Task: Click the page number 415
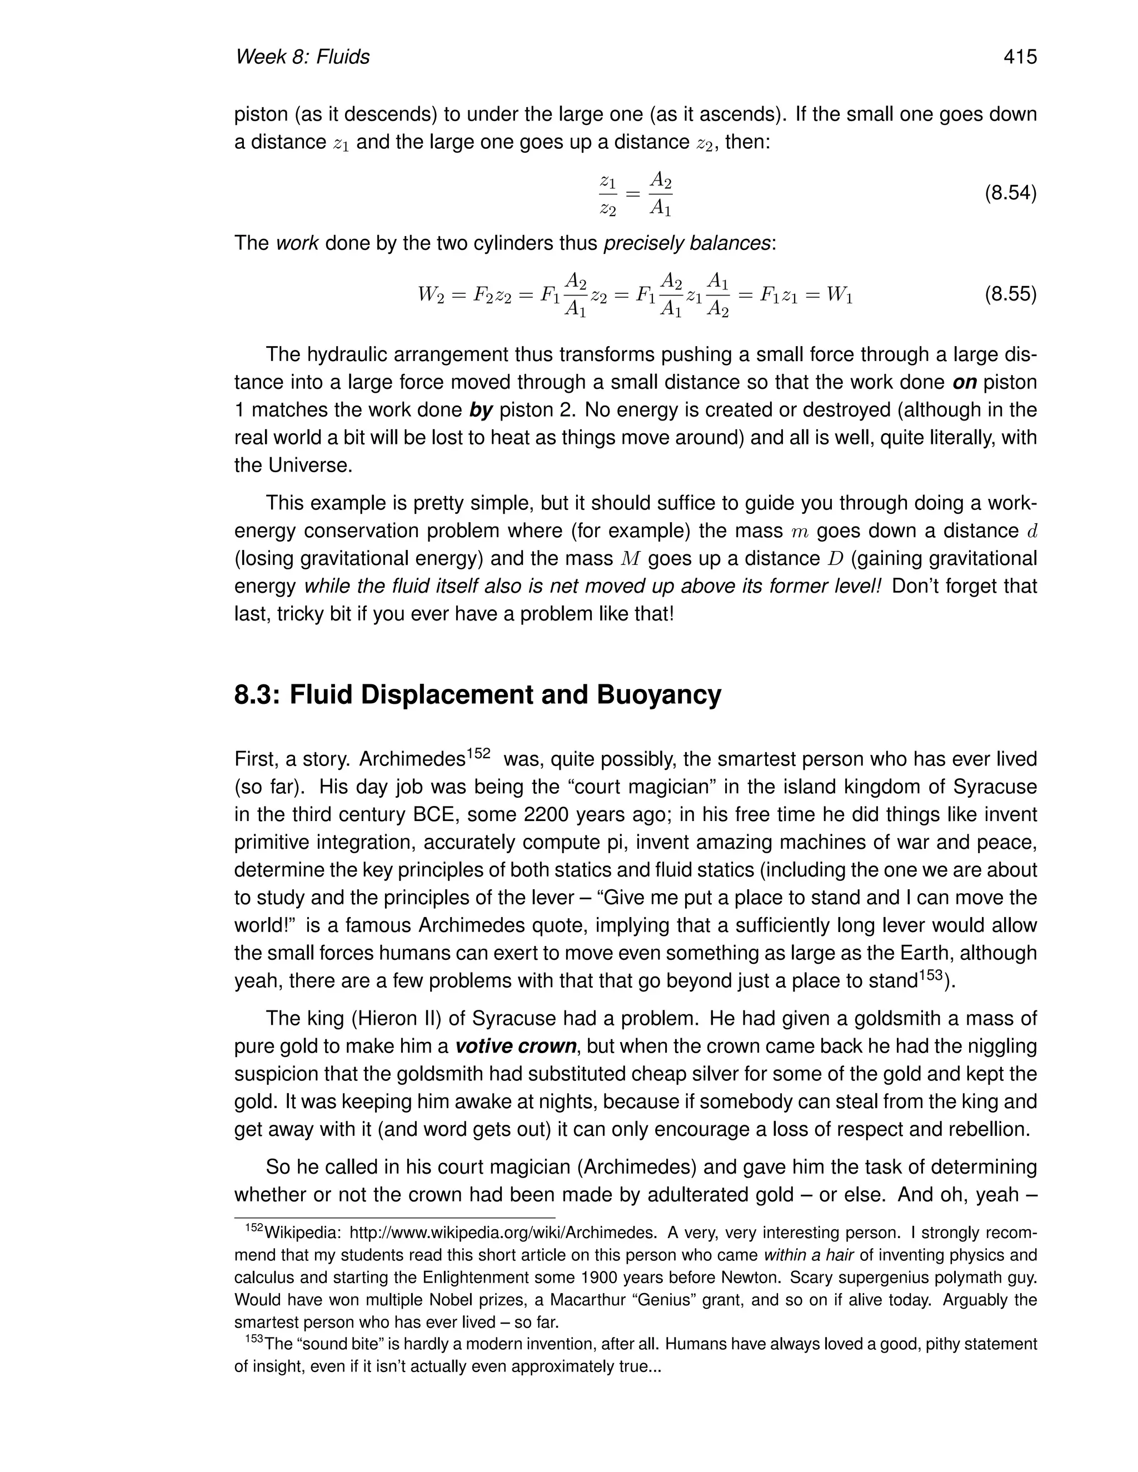[x=1019, y=57]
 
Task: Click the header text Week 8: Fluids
[x=302, y=57]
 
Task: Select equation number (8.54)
[x=1010, y=193]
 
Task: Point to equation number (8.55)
[x=1010, y=294]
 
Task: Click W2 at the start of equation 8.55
[x=430, y=295]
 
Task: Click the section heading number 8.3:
[x=258, y=694]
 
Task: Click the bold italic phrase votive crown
[x=516, y=1046]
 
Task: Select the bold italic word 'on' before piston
[x=964, y=382]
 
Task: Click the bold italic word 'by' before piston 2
[x=481, y=410]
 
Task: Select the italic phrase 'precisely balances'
[x=687, y=243]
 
